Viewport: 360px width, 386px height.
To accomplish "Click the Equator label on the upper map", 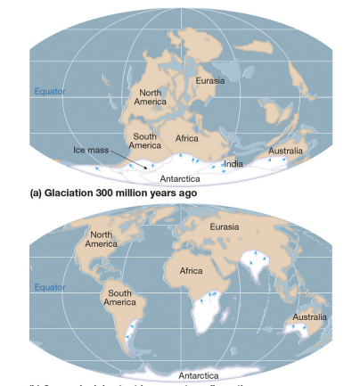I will click(x=50, y=92).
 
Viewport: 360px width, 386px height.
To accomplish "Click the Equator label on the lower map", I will click(x=50, y=287).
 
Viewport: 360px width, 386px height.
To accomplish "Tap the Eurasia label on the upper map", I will click(x=210, y=82).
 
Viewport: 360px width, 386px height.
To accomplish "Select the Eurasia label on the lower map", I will click(x=224, y=228).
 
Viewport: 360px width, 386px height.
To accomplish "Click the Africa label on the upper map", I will click(x=186, y=139).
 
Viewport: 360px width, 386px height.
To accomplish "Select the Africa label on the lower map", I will click(x=191, y=269).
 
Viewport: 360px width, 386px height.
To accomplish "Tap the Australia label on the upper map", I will click(x=285, y=151).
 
